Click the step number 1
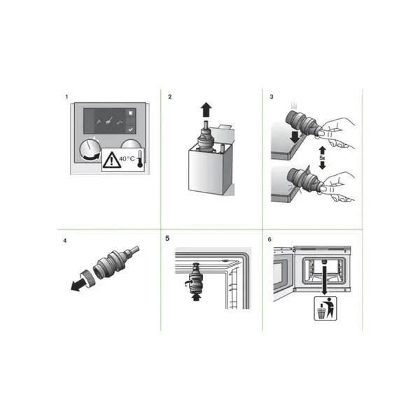(x=66, y=97)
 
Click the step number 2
(x=169, y=97)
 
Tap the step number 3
(x=272, y=97)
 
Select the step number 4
(x=65, y=241)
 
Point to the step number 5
(x=167, y=238)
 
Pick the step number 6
(x=269, y=239)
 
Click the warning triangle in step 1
(x=112, y=160)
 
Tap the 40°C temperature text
(x=127, y=159)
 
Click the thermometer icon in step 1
(x=140, y=160)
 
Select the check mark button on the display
(x=130, y=129)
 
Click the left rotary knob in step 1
(x=90, y=150)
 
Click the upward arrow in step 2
(x=206, y=110)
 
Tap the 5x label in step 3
(x=322, y=158)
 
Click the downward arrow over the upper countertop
(x=295, y=137)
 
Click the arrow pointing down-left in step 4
(x=78, y=286)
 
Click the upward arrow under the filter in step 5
(x=197, y=297)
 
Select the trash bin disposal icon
(x=325, y=308)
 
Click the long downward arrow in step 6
(x=324, y=278)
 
